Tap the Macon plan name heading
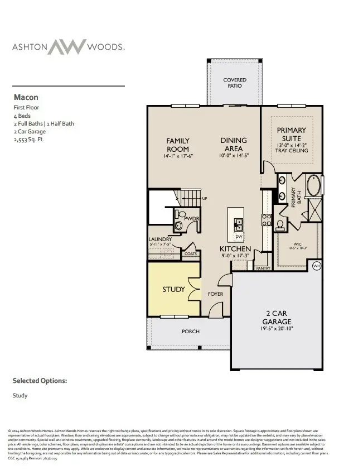26,97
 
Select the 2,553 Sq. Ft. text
28,140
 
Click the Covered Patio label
235,83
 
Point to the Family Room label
178,145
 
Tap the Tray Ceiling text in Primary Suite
288,151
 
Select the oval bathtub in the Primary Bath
314,186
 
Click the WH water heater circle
316,265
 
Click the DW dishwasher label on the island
238,236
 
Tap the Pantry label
263,268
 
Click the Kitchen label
235,248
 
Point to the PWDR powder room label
191,218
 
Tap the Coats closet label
191,253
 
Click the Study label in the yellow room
173,289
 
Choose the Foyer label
215,294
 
